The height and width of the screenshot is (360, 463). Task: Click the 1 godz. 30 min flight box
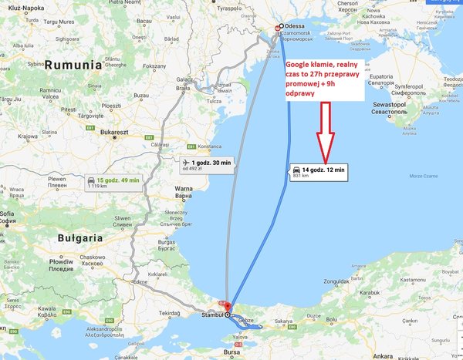coord(205,165)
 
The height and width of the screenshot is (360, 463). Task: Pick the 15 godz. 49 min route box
coord(114,183)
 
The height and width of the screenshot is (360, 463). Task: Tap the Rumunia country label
coord(73,66)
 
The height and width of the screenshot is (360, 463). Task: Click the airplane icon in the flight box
coord(184,163)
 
